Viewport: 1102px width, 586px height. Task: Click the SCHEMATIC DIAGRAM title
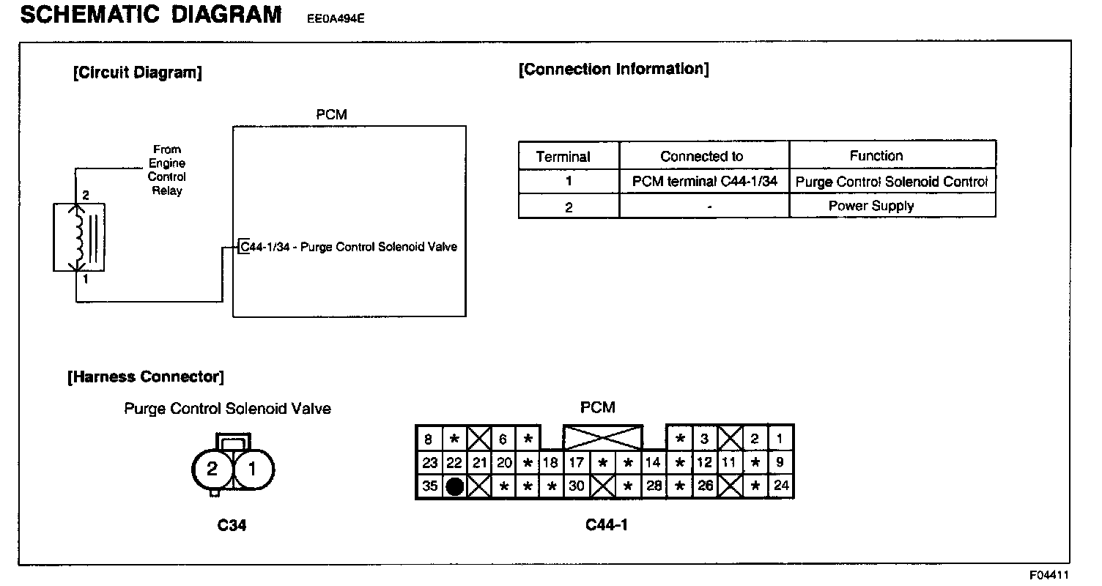(151, 15)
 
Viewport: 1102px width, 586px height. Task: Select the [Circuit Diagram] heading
(138, 73)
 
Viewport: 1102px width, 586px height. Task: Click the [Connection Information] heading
(613, 70)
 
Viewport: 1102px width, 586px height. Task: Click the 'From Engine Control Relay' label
(167, 170)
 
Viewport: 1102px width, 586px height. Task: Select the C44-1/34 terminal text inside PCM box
(349, 247)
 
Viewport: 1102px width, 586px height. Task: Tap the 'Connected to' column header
(701, 156)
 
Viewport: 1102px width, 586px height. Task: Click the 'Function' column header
(876, 155)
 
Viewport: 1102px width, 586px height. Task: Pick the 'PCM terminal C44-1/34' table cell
(704, 181)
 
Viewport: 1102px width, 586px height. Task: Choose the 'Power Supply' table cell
(870, 206)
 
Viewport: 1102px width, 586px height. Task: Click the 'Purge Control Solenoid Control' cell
(891, 181)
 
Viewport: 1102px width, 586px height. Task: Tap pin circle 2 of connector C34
(212, 469)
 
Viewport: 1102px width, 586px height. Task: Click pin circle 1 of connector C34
(253, 469)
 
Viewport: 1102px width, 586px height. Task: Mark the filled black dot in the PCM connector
(454, 486)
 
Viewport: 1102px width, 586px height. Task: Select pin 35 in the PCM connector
(429, 486)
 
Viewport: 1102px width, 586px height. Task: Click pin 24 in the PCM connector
(781, 486)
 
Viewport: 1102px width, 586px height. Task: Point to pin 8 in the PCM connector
(429, 439)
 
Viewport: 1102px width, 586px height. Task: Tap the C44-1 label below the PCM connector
(606, 524)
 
